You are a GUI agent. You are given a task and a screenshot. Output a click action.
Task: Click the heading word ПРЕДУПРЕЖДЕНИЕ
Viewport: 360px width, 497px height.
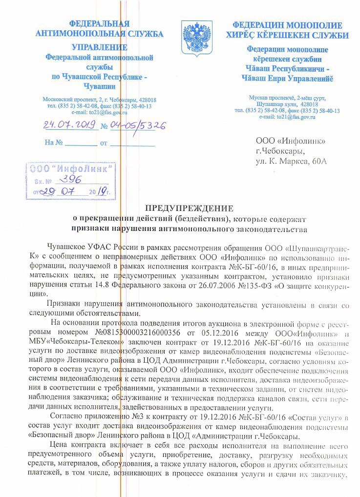pos(180,207)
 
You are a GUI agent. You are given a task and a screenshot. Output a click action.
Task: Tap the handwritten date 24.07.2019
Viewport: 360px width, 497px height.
pos(70,125)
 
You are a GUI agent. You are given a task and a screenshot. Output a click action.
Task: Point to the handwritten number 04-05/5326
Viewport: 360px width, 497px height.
pos(138,125)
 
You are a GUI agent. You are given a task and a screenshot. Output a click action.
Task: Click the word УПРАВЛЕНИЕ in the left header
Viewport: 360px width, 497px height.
pos(100,47)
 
